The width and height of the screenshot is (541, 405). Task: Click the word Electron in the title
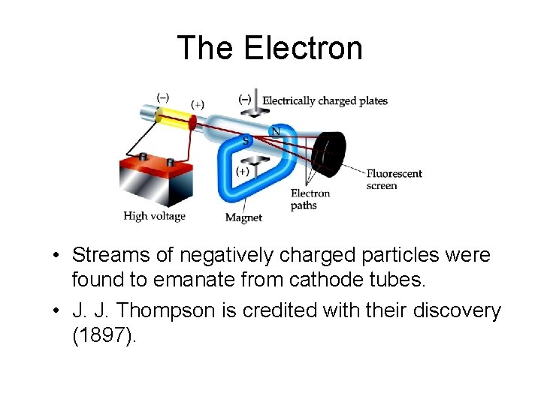point(303,48)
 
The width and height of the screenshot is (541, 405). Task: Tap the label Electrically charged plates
point(325,100)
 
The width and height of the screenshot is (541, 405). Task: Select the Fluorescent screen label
point(394,179)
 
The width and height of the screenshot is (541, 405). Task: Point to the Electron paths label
point(310,199)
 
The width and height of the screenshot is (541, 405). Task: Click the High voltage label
point(154,216)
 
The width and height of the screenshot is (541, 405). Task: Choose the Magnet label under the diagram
point(243,217)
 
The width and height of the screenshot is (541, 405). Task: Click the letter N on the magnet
point(276,131)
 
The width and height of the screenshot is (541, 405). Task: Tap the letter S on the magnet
point(246,140)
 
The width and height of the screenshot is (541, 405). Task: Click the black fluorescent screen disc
point(330,153)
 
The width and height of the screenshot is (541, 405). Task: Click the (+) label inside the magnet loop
point(243,171)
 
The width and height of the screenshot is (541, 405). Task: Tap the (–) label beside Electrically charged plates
point(245,99)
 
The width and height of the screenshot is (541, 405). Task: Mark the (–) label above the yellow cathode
point(162,97)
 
